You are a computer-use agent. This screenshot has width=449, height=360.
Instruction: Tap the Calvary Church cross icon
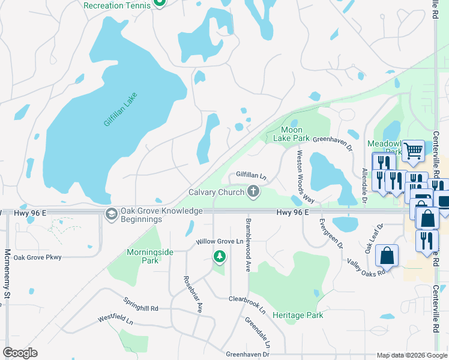(x=253, y=192)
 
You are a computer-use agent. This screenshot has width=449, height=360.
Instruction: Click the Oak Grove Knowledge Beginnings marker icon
(x=111, y=214)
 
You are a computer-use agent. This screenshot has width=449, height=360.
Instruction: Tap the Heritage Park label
(x=298, y=315)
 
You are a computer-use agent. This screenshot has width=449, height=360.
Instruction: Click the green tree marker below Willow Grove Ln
(x=220, y=257)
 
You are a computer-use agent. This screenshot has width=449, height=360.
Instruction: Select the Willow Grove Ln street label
(x=223, y=242)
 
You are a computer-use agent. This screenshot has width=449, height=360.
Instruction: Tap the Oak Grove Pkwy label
(x=38, y=257)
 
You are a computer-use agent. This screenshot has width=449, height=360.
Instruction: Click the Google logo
(x=20, y=353)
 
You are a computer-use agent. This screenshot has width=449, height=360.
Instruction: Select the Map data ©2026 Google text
(x=411, y=355)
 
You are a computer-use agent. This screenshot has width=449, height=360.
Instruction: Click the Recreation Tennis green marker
(x=159, y=3)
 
